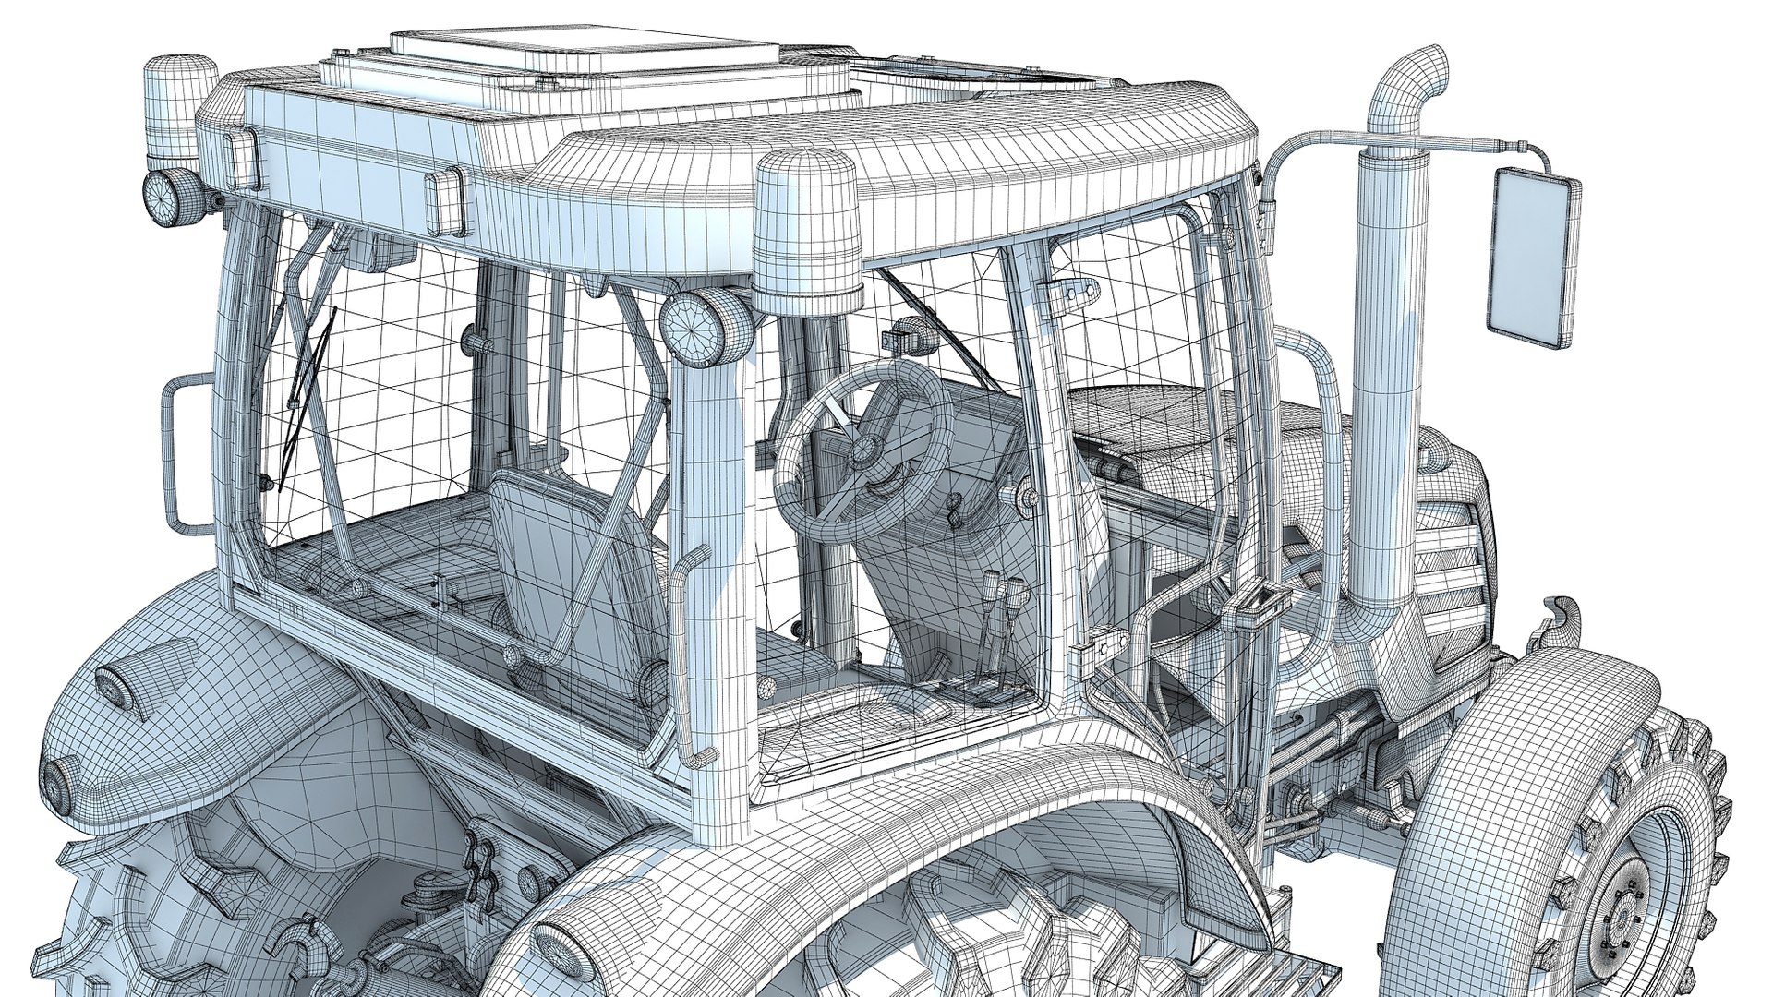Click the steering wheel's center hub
[x=863, y=450]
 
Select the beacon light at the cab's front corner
[x=808, y=231]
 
